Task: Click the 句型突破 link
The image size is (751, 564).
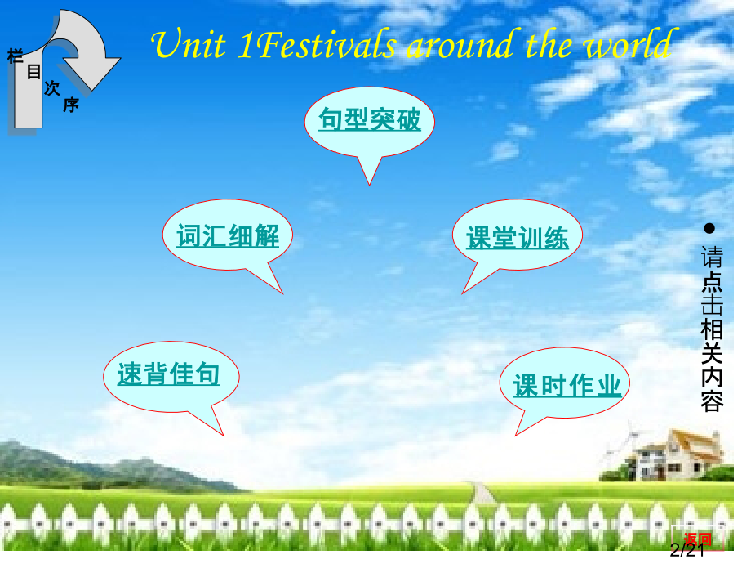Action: pos(370,121)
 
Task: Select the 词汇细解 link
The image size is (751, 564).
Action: pos(228,237)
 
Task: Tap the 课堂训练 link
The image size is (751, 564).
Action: pos(518,238)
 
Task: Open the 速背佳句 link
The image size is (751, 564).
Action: pos(169,374)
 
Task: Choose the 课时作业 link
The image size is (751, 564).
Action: pos(567,386)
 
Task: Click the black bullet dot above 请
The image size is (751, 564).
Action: pos(710,227)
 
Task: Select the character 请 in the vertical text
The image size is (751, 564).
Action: pos(711,258)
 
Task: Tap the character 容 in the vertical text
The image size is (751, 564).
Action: pos(711,401)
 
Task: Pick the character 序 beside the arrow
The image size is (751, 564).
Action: pos(71,105)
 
